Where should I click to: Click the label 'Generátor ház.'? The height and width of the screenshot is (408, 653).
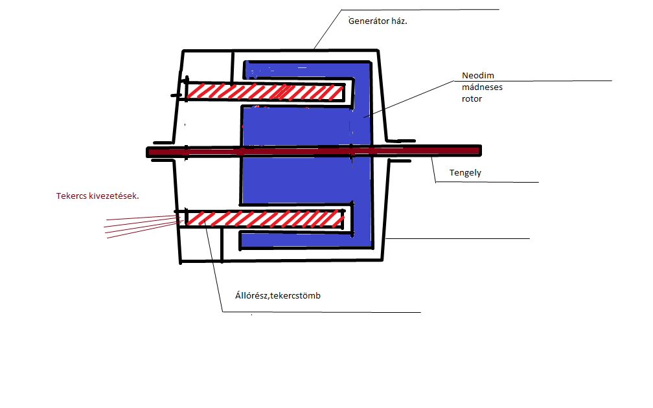[382, 21]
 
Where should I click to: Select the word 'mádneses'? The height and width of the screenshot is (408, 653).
[482, 87]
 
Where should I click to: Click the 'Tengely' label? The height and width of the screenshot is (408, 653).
[465, 173]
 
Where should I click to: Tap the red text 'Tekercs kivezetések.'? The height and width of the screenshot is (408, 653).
[98, 196]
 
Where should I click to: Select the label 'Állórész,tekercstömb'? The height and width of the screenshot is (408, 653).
[278, 296]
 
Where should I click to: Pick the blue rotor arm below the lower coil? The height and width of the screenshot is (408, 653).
[298, 240]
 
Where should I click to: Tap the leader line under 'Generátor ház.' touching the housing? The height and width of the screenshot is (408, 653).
[327, 30]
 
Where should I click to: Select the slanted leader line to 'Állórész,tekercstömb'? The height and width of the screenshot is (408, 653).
[213, 266]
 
